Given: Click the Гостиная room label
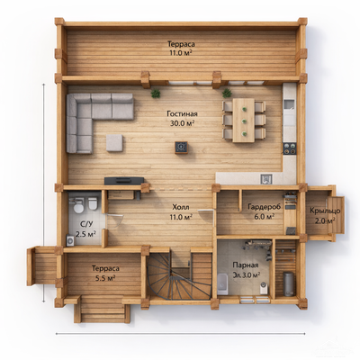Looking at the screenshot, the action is [182, 114].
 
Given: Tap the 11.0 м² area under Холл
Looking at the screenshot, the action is [182, 217].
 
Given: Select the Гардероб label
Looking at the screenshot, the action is [265, 207].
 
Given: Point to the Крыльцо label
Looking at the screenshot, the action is [325, 211].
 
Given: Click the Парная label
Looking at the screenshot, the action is [246, 265].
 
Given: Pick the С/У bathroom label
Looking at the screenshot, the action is [85, 224].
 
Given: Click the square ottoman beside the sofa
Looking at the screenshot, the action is [114, 142].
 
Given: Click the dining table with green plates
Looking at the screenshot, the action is [244, 121].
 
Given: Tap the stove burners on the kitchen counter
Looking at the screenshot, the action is [290, 148].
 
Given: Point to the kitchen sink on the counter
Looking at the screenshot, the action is [266, 179].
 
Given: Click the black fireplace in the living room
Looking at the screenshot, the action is [181, 148].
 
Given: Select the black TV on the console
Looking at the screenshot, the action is [124, 180].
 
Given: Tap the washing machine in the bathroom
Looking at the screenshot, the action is [71, 240].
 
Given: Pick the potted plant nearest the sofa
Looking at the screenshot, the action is [156, 94].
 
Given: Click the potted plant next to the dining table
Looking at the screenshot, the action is [227, 93].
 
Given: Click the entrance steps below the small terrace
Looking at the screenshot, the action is [103, 309].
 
